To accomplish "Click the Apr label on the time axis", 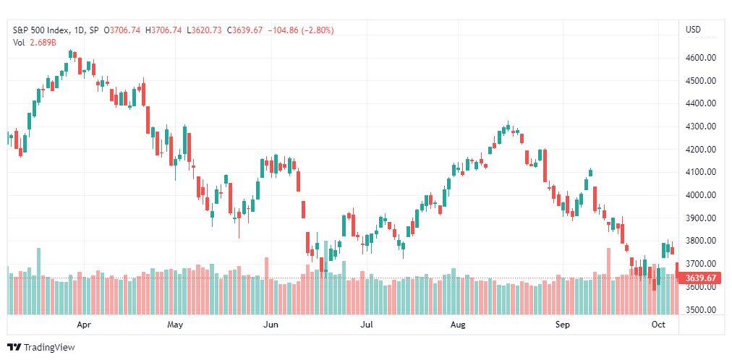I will pyautogui.click(x=83, y=325).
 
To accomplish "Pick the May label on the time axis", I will pyautogui.click(x=174, y=325).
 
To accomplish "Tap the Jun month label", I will pyautogui.click(x=271, y=325).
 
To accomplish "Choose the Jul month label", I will pyautogui.click(x=366, y=325).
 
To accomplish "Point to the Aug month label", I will pyautogui.click(x=457, y=325).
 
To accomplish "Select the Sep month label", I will pyautogui.click(x=562, y=325).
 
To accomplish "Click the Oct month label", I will pyautogui.click(x=657, y=325).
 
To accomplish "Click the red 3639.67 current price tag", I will pyautogui.click(x=699, y=278).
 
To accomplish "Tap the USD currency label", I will pyautogui.click(x=693, y=30).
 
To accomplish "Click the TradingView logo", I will pyautogui.click(x=41, y=347).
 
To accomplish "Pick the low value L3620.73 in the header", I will pyautogui.click(x=205, y=30).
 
